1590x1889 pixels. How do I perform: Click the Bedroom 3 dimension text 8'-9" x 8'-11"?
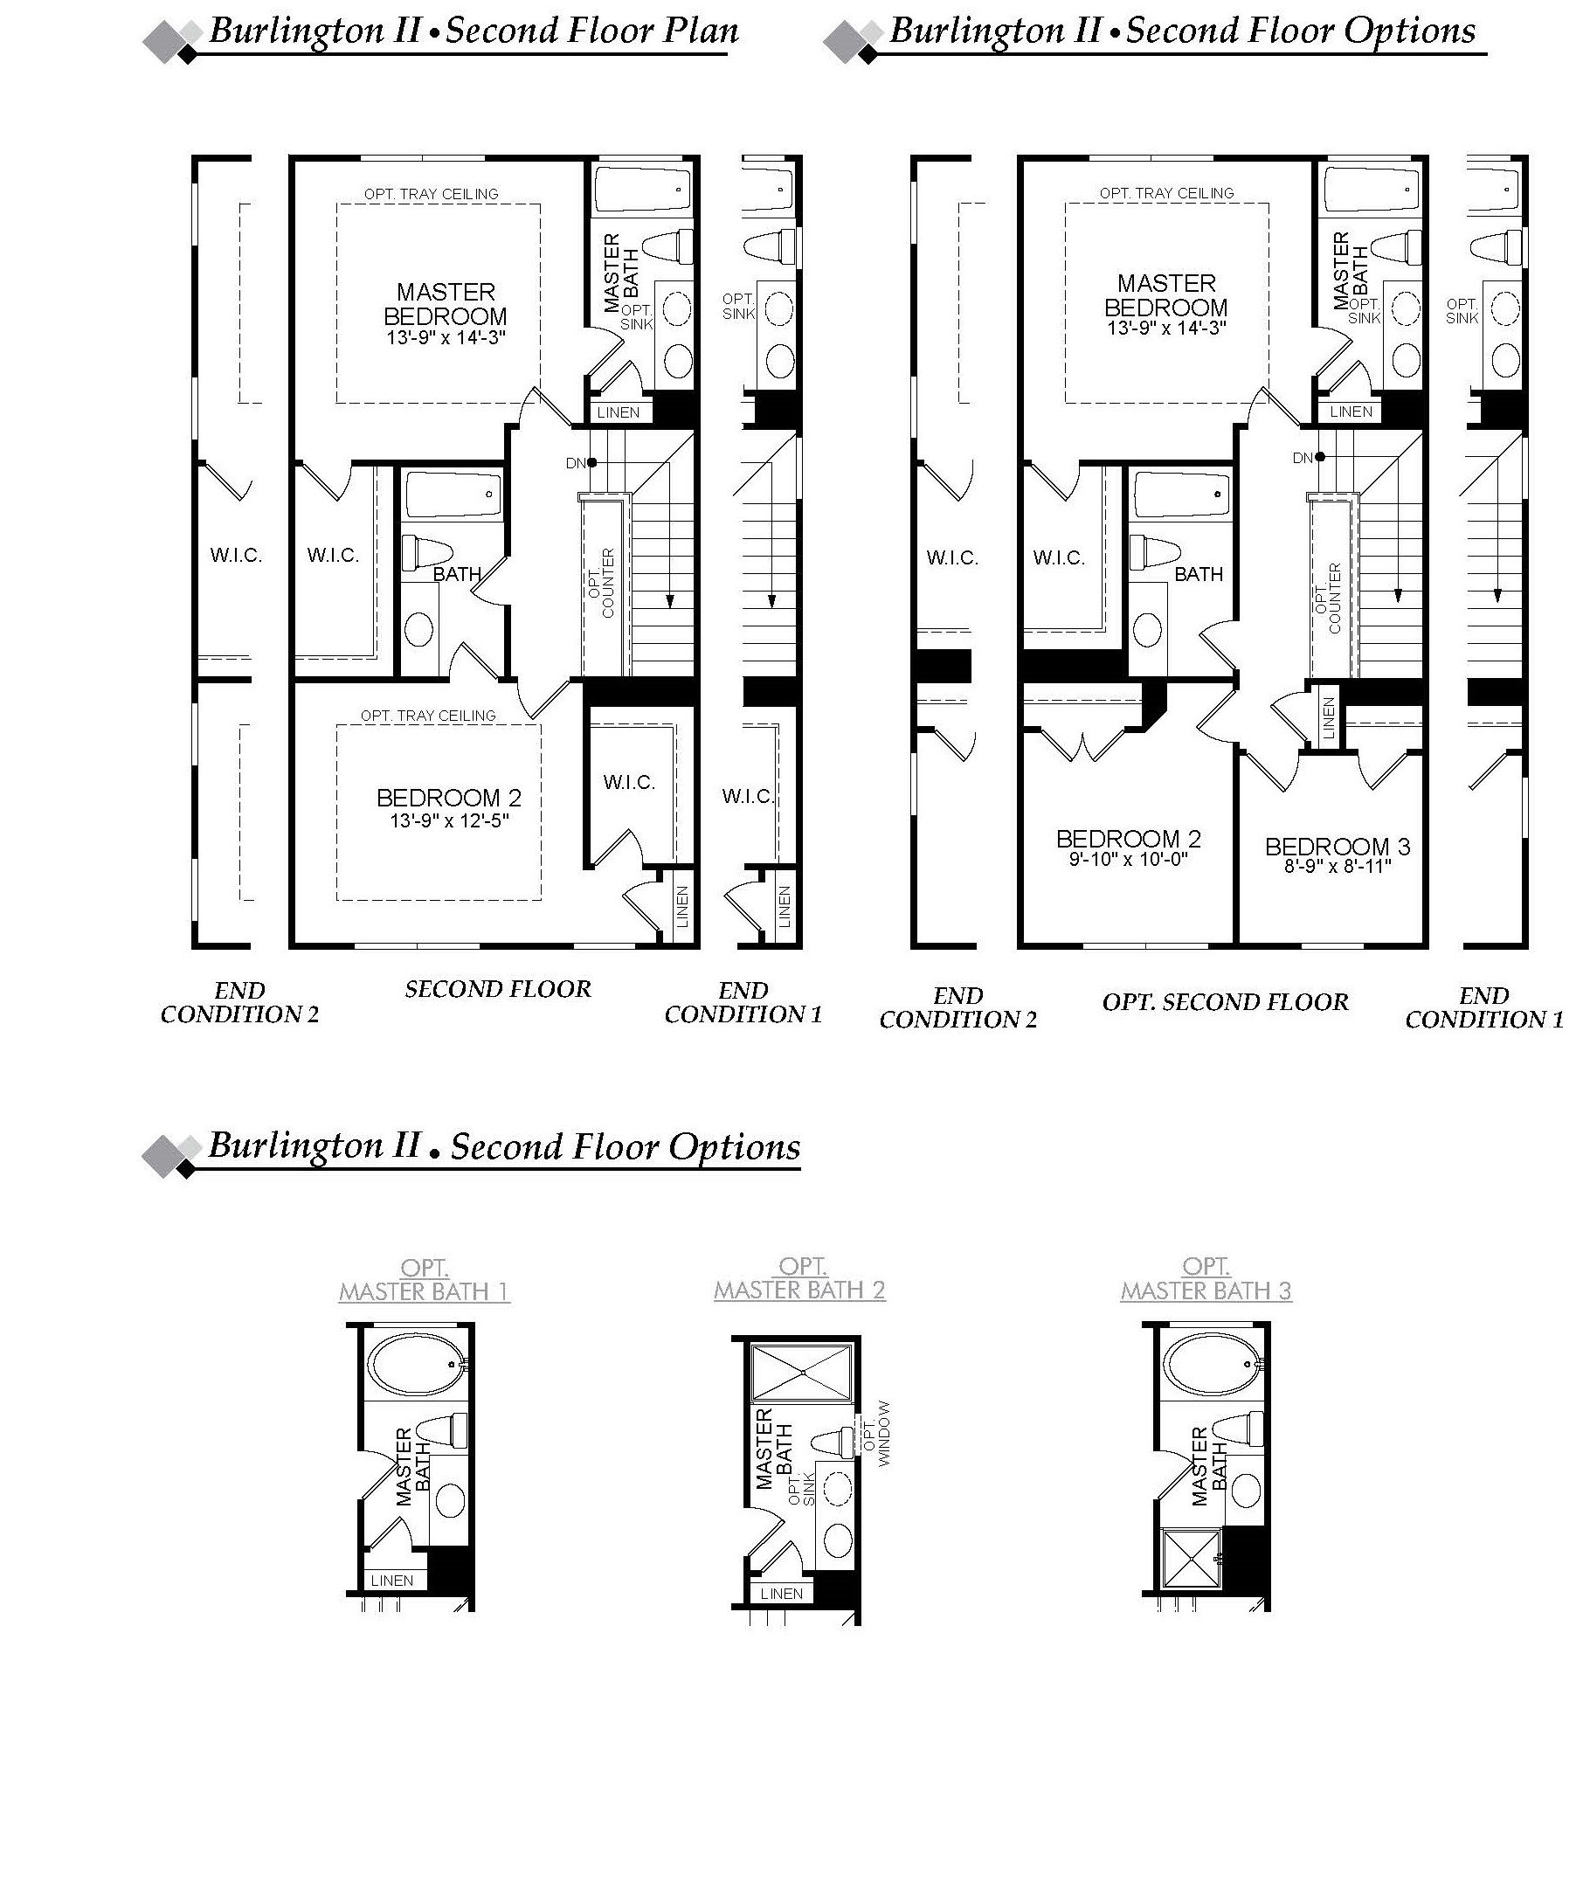pos(1338,866)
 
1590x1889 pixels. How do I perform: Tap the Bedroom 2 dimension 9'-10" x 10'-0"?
pos(1129,859)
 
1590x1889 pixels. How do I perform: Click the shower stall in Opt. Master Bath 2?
pos(801,1372)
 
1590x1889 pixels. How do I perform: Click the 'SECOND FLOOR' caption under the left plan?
pos(498,990)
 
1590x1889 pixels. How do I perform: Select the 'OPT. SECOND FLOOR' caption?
pos(1225,1002)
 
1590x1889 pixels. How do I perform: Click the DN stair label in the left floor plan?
pos(577,463)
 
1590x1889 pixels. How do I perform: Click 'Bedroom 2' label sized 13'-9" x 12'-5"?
pos(448,798)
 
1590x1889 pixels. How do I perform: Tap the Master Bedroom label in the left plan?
pos(446,304)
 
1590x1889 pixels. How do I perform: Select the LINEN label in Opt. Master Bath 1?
pos(392,1580)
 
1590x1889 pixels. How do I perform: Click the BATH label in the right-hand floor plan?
pos(1198,574)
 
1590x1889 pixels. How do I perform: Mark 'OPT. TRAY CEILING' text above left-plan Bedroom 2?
pos(428,716)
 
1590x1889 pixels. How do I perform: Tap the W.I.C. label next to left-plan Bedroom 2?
pos(629,782)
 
